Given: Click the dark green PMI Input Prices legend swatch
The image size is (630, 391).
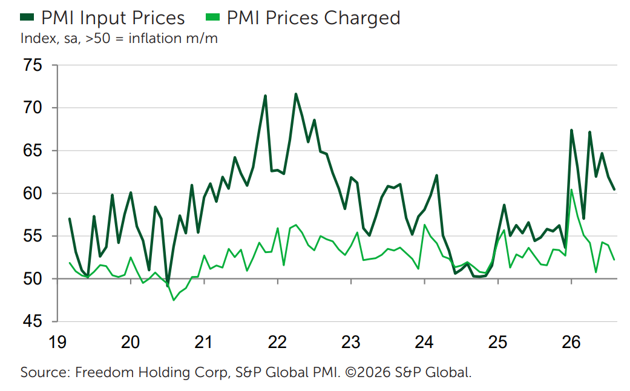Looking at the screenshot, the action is (x=27, y=18).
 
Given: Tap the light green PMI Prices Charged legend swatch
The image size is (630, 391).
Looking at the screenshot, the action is (x=212, y=18).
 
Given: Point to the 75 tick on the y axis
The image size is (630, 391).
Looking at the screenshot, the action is (x=33, y=65).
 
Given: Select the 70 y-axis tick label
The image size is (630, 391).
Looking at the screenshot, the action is (x=33, y=108).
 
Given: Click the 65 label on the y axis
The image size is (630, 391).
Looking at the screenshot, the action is (x=33, y=151).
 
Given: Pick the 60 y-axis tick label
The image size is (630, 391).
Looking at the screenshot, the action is (x=33, y=193).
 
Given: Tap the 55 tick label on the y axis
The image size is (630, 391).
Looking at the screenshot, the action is (x=33, y=236).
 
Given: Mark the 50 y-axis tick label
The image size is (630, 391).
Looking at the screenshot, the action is (x=33, y=279).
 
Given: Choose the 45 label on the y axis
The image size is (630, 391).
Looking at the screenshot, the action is (x=33, y=321).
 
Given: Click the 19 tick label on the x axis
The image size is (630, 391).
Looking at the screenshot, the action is (x=57, y=343).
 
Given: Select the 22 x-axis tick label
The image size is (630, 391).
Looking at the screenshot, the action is (x=278, y=343).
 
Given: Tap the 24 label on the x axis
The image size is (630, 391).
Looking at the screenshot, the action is (x=424, y=343).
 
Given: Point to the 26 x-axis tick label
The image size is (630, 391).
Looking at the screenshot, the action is (x=571, y=343).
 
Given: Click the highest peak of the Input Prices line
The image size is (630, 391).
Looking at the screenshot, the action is (x=296, y=94).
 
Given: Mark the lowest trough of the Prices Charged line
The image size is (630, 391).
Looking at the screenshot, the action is (x=174, y=300).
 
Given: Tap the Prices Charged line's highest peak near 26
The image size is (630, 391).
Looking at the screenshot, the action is (x=571, y=189).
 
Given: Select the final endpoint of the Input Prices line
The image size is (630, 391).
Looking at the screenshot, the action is (x=614, y=189).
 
